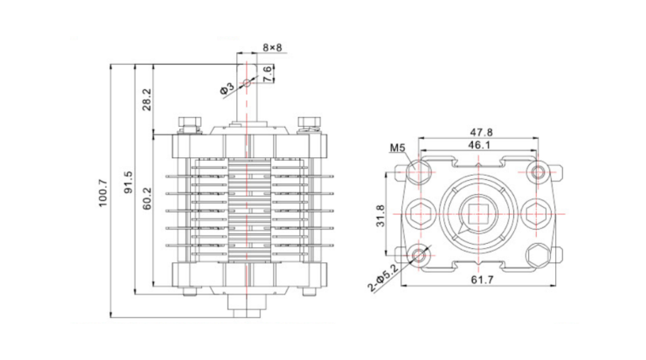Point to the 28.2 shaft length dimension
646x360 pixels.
pyautogui.click(x=146, y=99)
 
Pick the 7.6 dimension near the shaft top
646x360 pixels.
pyautogui.click(x=267, y=73)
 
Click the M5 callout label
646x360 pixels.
pyautogui.click(x=398, y=149)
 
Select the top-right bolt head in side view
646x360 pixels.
pyautogui.click(x=307, y=124)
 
